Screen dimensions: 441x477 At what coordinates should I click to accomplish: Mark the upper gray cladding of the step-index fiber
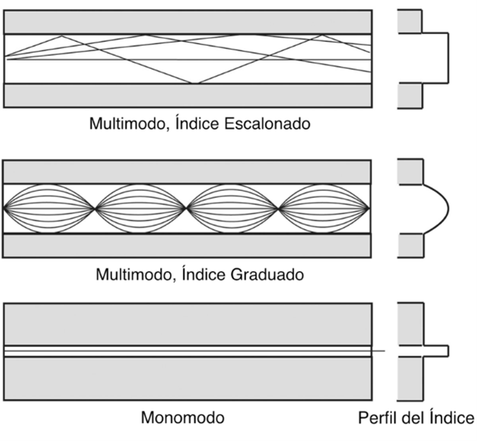pyautogui.click(x=187, y=23)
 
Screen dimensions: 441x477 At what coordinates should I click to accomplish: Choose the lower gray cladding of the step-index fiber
pyautogui.click(x=187, y=95)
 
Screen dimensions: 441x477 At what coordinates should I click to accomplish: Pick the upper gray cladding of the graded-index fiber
pyautogui.click(x=187, y=171)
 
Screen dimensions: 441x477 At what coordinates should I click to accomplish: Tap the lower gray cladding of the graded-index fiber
pyautogui.click(x=187, y=245)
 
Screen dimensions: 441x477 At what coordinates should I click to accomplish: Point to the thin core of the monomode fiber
pyautogui.click(x=187, y=351)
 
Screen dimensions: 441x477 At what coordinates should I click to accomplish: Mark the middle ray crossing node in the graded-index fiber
pyautogui.click(x=187, y=208)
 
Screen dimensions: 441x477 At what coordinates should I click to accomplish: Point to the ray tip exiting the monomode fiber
pyautogui.click(x=384, y=352)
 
